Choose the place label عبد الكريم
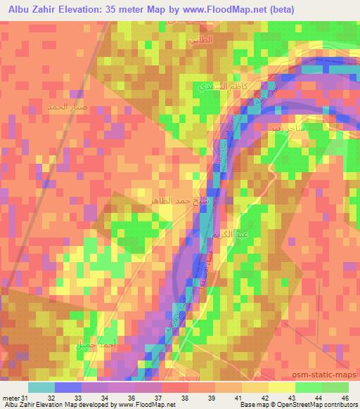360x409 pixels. pyautogui.click(x=217, y=236)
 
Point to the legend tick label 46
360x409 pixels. pyautogui.click(x=346, y=398)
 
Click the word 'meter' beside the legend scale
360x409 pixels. pyautogui.click(x=9, y=398)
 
